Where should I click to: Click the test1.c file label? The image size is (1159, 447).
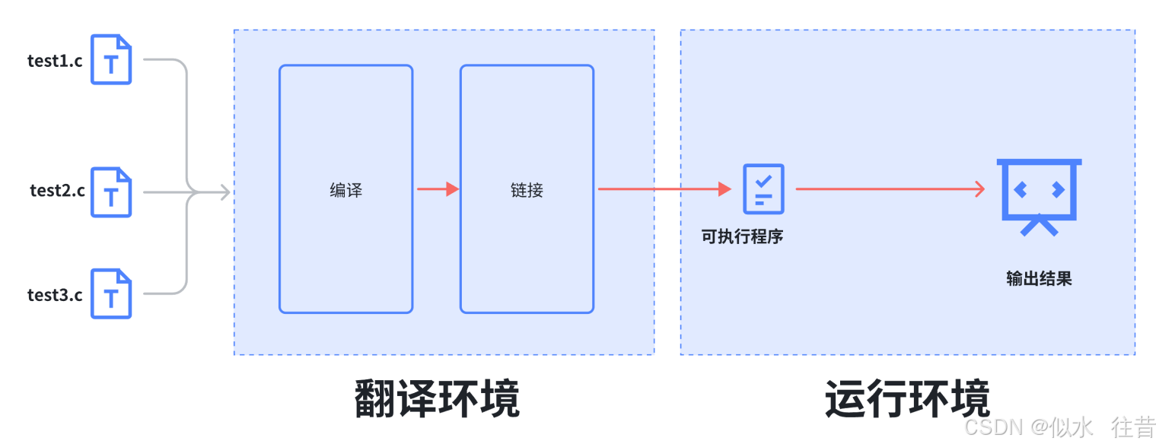pyautogui.click(x=55, y=62)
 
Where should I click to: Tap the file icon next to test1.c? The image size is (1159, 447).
pyautogui.click(x=111, y=59)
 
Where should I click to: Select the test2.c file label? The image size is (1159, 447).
pyautogui.click(x=57, y=191)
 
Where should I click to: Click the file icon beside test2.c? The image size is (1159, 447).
pyautogui.click(x=111, y=192)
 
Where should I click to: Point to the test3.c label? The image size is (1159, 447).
pyautogui.click(x=55, y=295)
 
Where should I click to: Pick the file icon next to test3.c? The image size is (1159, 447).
pyautogui.click(x=111, y=293)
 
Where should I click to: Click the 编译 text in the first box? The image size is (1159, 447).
pyautogui.click(x=345, y=190)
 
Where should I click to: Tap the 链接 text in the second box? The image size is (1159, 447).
pyautogui.click(x=527, y=190)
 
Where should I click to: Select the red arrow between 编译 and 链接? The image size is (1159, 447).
pyautogui.click(x=438, y=189)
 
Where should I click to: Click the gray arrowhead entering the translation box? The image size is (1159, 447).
pyautogui.click(x=224, y=193)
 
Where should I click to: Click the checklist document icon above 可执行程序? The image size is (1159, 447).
pyautogui.click(x=763, y=189)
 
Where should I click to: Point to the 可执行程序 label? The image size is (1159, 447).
pyautogui.click(x=742, y=237)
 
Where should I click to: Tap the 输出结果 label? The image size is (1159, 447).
pyautogui.click(x=1039, y=279)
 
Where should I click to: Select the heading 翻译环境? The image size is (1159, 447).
pyautogui.click(x=437, y=398)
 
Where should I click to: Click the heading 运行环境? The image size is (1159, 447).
pyautogui.click(x=907, y=398)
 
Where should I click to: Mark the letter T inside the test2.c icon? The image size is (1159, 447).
pyautogui.click(x=111, y=197)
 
